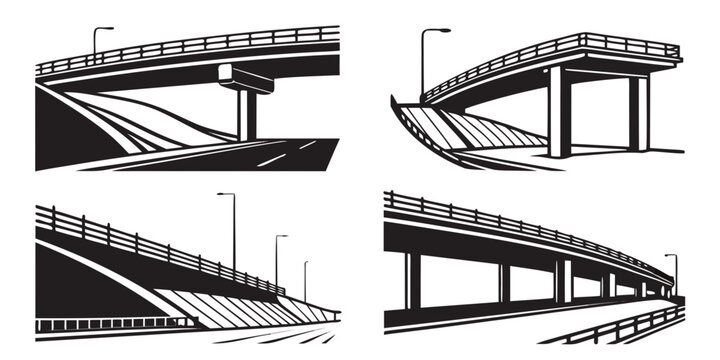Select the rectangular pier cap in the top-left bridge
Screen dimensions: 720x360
(244, 78)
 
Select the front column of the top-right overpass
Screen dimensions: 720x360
(559, 112)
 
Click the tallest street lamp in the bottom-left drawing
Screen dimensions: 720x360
(233, 230)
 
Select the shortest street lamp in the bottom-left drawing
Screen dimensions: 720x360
(305, 280)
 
